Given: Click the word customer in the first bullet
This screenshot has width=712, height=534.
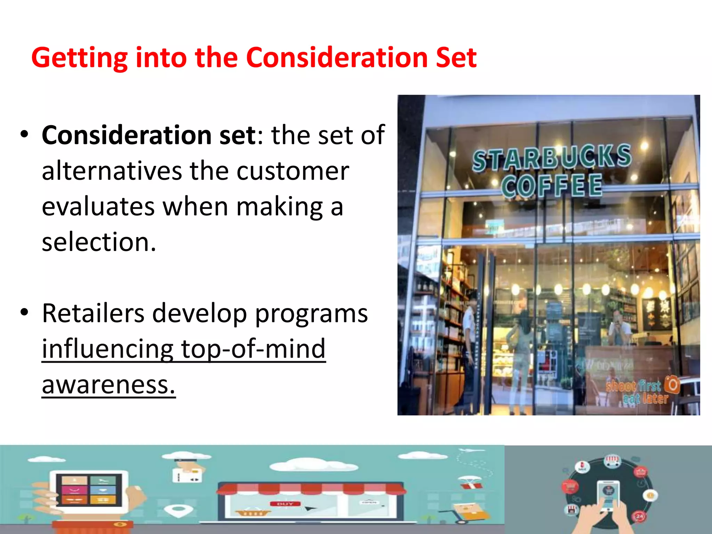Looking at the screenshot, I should pos(292,171).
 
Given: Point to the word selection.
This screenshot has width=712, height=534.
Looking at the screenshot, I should pos(99,242).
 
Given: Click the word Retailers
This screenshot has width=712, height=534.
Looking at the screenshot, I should pos(93,313).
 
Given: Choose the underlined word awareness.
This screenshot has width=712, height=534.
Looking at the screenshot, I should pos(108,385).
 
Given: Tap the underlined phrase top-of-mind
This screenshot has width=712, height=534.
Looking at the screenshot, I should pos(253,349).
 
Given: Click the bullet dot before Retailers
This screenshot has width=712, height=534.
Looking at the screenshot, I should pos(24,312).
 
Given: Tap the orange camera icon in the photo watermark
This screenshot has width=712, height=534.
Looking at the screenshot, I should pos(672,385).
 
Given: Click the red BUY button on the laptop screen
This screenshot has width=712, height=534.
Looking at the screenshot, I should pos(285,504).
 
